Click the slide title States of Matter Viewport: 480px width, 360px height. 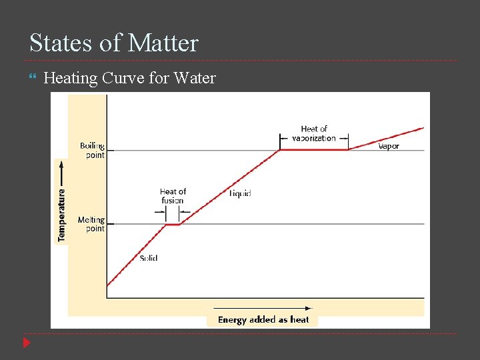114,43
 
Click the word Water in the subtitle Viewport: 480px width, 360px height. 195,79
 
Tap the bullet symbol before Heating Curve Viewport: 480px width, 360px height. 33,79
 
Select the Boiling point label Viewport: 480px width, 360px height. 92,151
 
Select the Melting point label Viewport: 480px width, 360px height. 91,224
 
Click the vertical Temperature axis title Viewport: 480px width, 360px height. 62,215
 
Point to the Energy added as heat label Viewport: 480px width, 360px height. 263,319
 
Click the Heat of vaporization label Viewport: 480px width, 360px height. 314,133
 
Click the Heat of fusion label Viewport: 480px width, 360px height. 173,196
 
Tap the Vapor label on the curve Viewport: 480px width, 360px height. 389,146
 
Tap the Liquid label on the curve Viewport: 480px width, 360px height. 240,193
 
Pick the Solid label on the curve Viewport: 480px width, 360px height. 149,258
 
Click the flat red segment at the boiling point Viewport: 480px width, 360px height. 314,149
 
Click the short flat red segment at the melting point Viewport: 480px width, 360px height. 173,225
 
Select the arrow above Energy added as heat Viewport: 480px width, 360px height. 263,308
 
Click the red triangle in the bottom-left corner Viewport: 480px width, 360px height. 27,343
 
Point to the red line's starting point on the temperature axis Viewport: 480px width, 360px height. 107,286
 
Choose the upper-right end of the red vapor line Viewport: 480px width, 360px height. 423,127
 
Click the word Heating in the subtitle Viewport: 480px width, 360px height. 70,79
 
